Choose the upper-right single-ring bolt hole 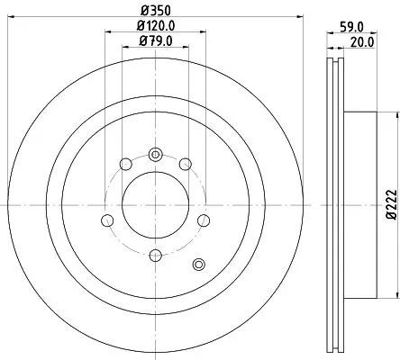pos(185,164)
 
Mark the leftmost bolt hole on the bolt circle pos(107,220)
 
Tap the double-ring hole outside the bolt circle pos(200,264)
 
